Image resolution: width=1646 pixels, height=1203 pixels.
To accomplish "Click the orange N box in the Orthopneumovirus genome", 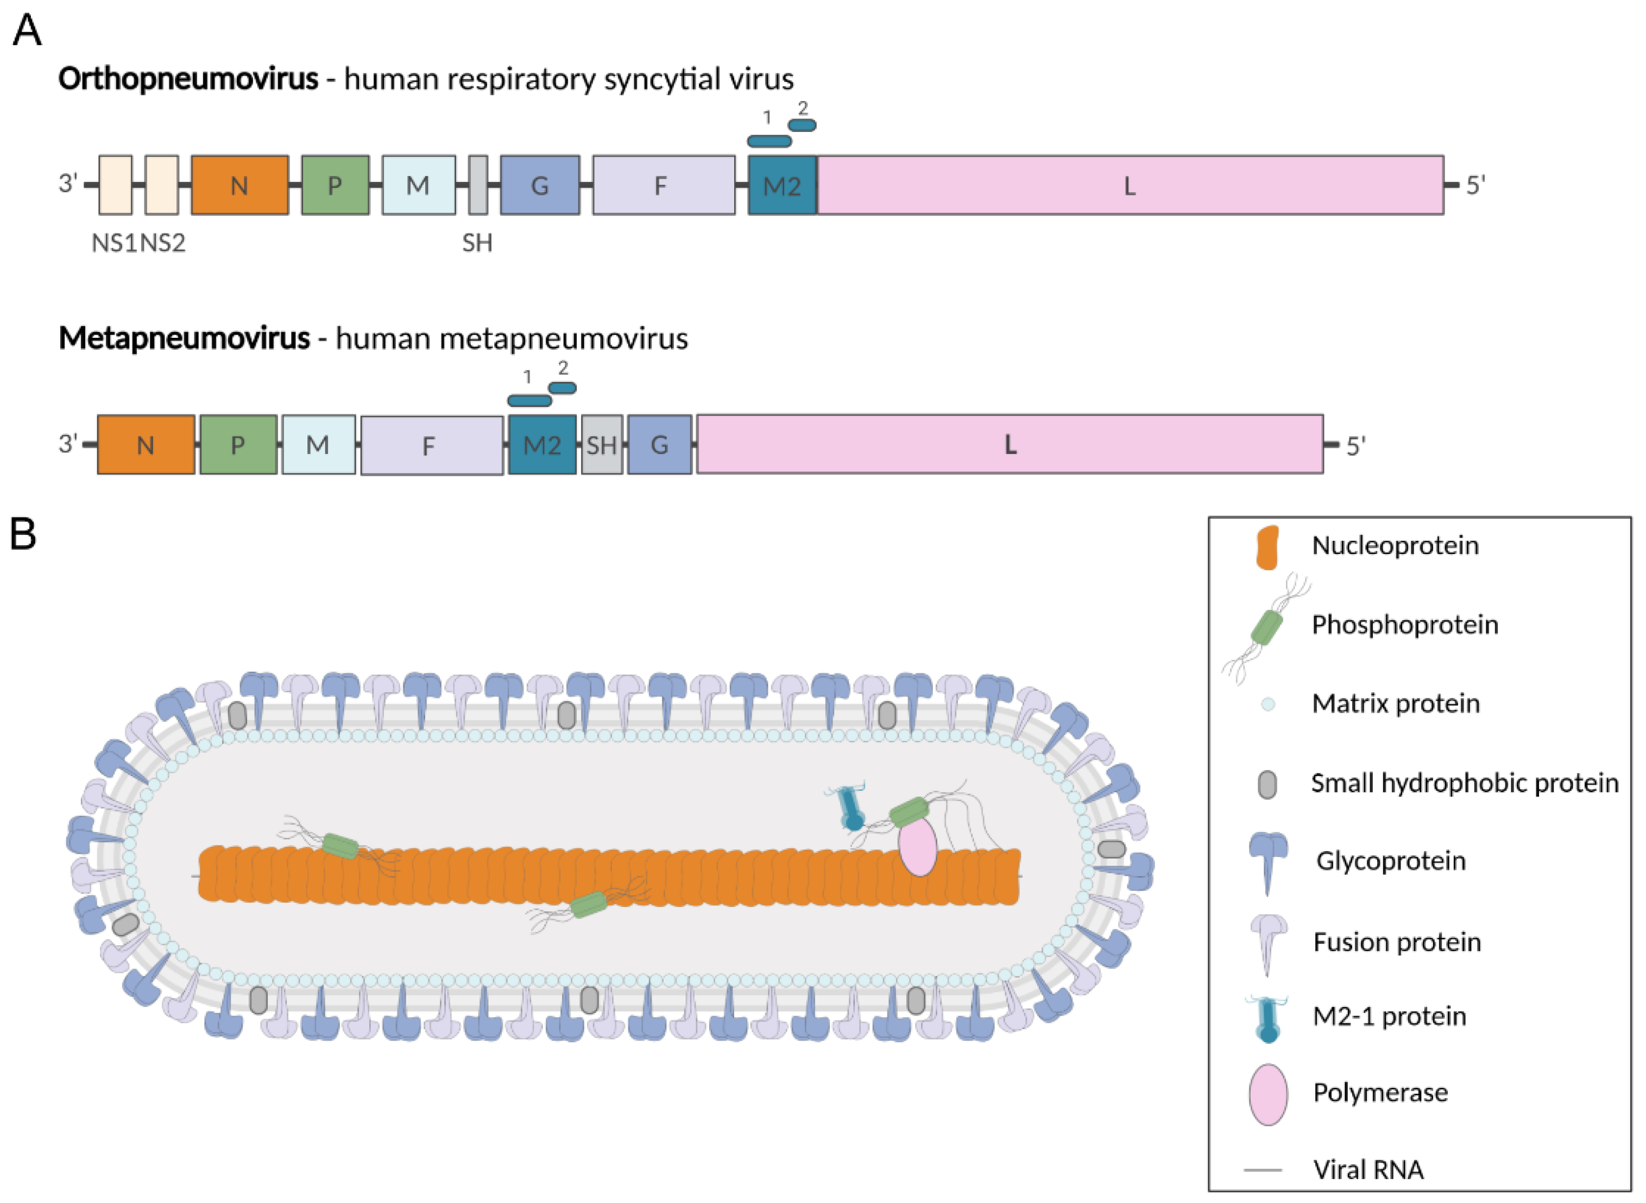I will click(239, 185).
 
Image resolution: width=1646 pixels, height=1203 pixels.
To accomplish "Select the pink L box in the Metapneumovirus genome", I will click(1010, 444).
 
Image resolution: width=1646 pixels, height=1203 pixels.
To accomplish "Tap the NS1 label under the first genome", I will click(114, 242).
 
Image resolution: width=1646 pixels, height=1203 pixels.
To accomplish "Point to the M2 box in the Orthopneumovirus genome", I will click(783, 185).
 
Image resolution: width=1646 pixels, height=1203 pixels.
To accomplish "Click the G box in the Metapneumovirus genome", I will click(660, 445).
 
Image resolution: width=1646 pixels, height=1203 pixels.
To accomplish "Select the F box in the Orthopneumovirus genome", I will click(663, 185).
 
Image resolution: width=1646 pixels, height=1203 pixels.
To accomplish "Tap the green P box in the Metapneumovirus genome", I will click(238, 445).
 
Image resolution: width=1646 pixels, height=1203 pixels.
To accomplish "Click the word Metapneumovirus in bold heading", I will click(184, 338).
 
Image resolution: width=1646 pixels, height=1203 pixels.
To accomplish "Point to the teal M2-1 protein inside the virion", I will click(849, 808).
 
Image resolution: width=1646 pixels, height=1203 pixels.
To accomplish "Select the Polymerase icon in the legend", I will click(1267, 1094).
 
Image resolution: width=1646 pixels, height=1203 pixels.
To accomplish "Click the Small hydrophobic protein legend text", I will click(1465, 783).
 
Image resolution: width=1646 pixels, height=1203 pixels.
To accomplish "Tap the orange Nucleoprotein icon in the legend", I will click(1267, 547).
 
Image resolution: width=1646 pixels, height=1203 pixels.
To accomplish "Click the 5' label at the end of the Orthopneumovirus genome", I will click(1475, 185).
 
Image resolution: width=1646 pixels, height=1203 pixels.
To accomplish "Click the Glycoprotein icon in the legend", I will click(1267, 861).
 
